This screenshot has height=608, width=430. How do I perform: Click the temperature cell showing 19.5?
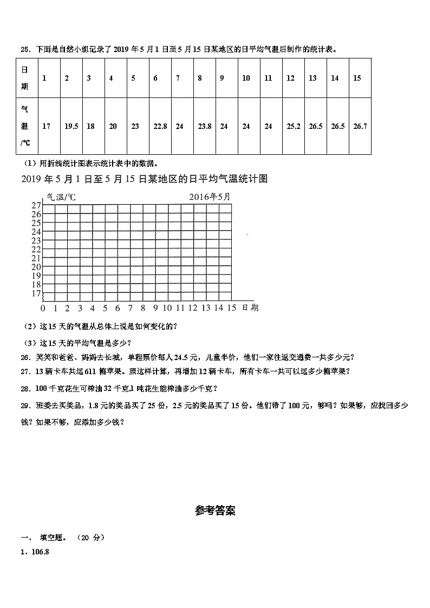(71, 126)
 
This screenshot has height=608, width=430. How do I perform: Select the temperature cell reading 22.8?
(160, 126)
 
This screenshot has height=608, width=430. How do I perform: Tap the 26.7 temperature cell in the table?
(360, 126)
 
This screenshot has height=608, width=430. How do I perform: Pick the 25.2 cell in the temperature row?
(293, 126)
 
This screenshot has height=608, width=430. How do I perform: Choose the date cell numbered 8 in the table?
(200, 78)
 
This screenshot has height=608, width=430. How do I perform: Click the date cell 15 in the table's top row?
(357, 78)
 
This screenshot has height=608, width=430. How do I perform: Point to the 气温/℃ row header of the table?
(25, 126)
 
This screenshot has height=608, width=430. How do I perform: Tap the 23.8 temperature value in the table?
(204, 126)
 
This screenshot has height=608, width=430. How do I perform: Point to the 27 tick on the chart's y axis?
(36, 205)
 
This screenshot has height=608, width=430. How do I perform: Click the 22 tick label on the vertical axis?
(36, 249)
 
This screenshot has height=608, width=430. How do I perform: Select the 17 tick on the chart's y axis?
(36, 293)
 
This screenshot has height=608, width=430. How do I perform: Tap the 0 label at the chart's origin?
(43, 308)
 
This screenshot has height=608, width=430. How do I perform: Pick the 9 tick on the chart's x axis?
(155, 308)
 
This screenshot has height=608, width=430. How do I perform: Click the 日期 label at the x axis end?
(250, 308)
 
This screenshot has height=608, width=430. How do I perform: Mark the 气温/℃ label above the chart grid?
(61, 197)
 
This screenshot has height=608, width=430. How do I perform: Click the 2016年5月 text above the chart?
(210, 197)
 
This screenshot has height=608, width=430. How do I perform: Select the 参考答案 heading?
(215, 511)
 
